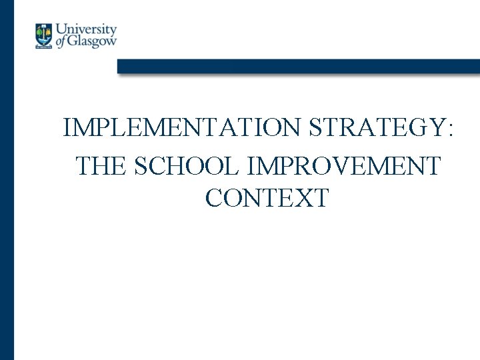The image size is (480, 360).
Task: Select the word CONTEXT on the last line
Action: [x=267, y=198]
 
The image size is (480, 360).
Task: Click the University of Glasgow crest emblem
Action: [x=44, y=36]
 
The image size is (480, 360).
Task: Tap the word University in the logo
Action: [x=86, y=30]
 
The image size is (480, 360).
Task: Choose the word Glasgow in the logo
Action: [x=93, y=41]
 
